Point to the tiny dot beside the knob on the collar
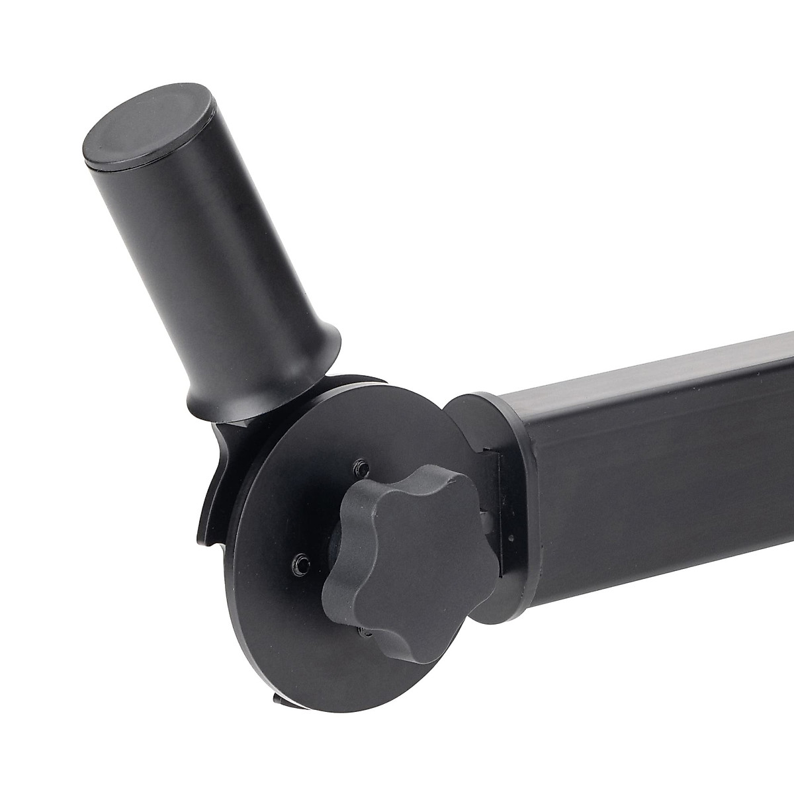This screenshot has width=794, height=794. coord(510,537)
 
